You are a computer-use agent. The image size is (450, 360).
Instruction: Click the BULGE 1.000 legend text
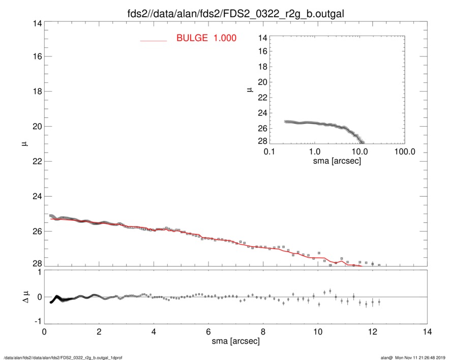[206, 38]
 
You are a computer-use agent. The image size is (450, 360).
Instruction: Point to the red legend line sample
[153, 40]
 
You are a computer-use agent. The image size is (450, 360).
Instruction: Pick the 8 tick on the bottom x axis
[263, 332]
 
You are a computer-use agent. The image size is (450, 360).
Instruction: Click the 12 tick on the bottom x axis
[372, 332]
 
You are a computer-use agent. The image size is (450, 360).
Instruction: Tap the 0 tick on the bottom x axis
[44, 332]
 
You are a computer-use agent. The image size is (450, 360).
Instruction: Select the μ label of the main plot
[24, 144]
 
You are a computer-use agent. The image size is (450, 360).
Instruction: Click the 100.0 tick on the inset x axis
[404, 152]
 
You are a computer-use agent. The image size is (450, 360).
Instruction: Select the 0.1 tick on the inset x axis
[269, 152]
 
